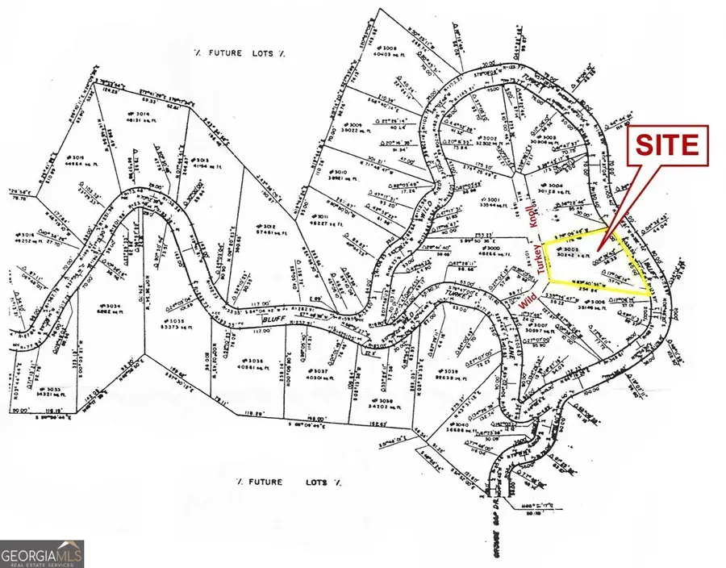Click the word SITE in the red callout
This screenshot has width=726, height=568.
668,146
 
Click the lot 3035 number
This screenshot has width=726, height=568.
173,320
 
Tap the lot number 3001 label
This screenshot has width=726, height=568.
490,199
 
